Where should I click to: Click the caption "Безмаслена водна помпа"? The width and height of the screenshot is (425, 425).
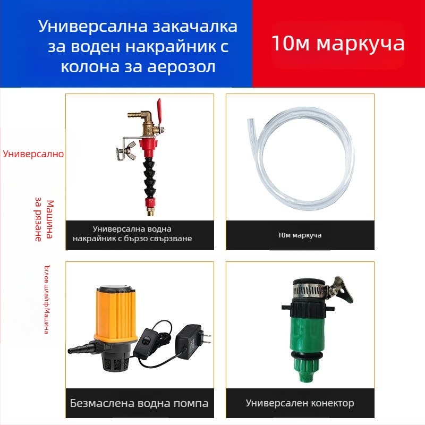tap(139, 403)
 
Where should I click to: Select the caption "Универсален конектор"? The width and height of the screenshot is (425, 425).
tap(300, 403)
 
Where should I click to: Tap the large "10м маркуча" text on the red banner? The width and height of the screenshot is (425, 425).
tap(338, 43)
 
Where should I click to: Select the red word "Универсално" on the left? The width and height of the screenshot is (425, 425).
tap(33, 154)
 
